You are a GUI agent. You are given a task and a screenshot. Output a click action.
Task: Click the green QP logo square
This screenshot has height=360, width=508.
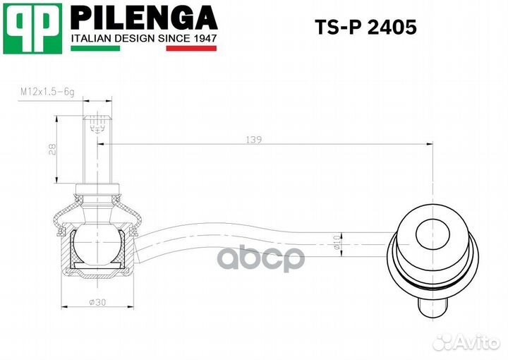point(32,28)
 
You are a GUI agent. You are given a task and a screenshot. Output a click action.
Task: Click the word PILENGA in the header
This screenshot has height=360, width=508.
point(144,16)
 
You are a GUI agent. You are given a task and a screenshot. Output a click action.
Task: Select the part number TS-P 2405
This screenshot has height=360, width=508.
point(365,28)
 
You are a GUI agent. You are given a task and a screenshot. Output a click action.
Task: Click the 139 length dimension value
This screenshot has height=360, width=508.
point(255,140)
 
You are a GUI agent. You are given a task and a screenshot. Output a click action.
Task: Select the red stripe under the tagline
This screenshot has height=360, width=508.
point(191,49)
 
